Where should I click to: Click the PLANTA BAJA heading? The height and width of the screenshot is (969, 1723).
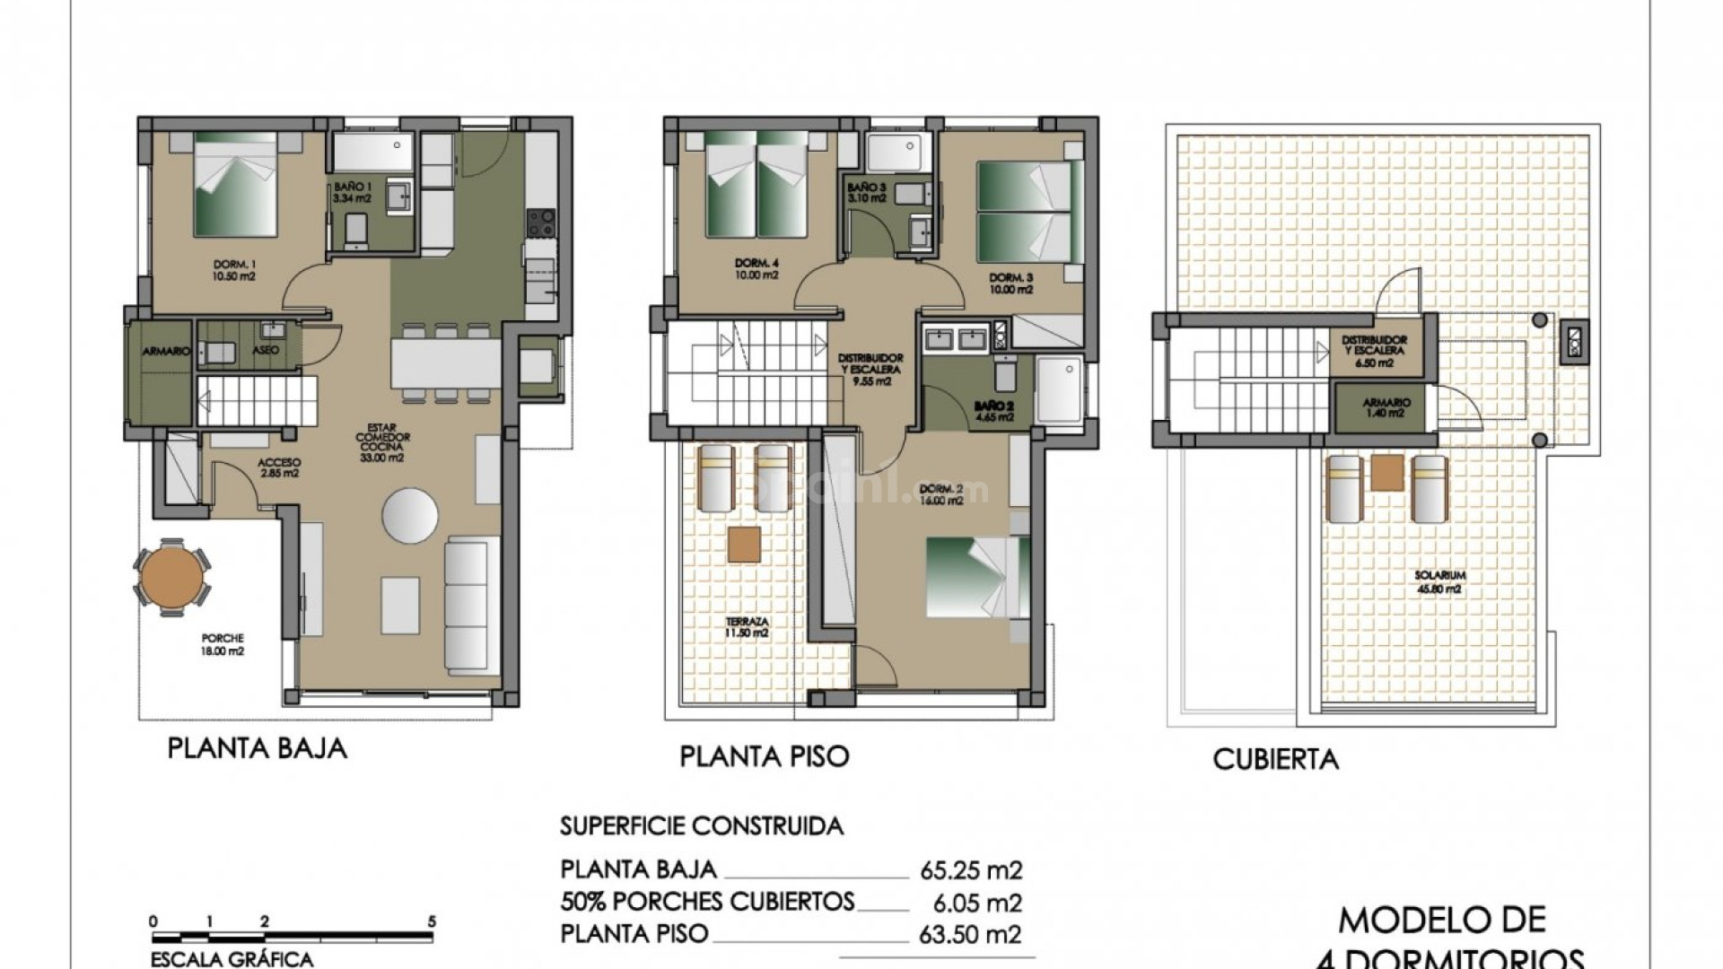tap(257, 748)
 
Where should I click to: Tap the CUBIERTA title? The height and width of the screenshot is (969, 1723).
tap(1275, 760)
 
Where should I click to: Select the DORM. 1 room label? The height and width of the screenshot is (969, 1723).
tap(234, 270)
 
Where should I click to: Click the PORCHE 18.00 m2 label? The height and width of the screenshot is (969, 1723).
tap(223, 644)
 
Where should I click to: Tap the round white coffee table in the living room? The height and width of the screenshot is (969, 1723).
tap(410, 515)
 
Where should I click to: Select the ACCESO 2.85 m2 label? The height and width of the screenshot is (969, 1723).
tap(278, 467)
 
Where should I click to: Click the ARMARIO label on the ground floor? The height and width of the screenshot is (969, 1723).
tap(167, 352)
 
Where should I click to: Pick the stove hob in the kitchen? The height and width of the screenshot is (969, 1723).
tap(540, 223)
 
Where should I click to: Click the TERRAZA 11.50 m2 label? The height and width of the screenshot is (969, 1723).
tap(748, 626)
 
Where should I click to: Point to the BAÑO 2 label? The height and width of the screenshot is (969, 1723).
tap(993, 410)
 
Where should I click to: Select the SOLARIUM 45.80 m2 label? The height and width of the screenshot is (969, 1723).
tap(1439, 581)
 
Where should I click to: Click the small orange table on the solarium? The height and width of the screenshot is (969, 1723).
tap(1387, 472)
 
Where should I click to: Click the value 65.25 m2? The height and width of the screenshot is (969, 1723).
tap(971, 870)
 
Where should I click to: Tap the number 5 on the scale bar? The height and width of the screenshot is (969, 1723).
tap(432, 921)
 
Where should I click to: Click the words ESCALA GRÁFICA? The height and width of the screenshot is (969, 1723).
tap(232, 959)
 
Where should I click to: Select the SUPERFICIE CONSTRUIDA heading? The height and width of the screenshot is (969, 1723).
tap(702, 825)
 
